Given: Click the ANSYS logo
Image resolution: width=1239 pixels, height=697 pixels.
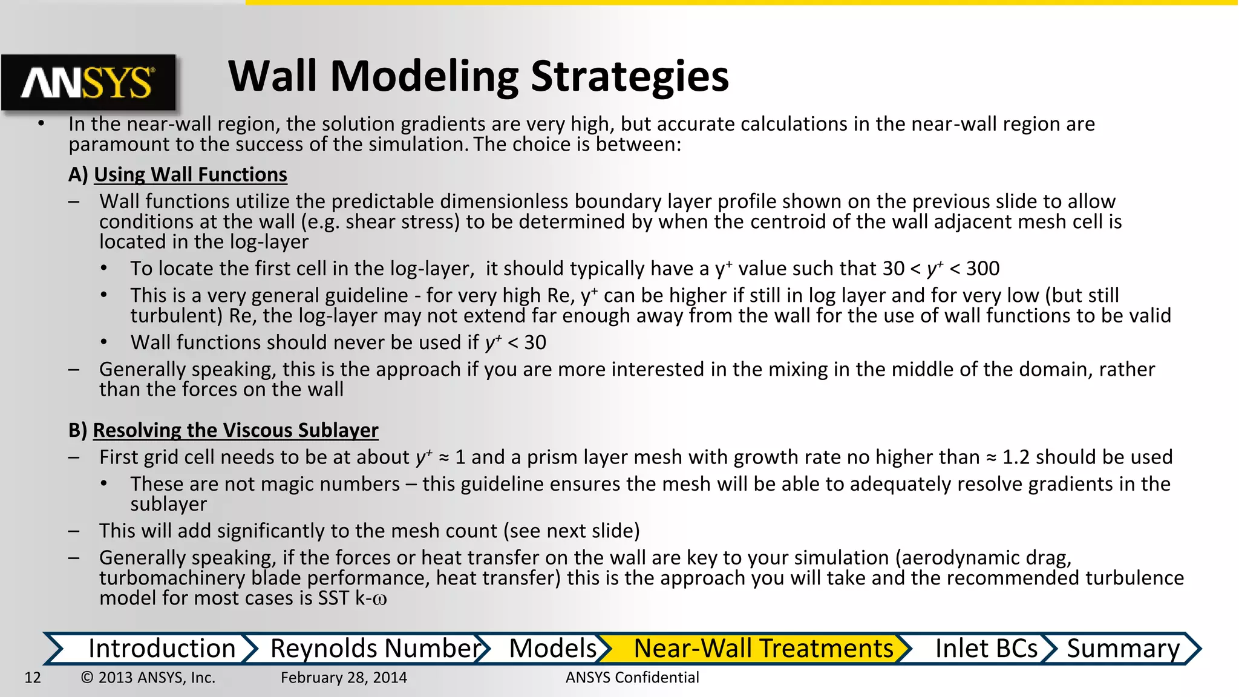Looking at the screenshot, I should coord(88,83).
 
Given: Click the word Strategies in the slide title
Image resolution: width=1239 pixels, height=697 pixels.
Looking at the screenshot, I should coord(629,77).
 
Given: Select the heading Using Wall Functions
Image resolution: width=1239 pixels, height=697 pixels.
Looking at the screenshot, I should coord(190,175).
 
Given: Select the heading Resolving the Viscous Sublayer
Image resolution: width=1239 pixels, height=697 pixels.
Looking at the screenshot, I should coord(235,430).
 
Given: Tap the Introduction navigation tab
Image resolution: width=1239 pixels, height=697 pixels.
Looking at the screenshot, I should coord(162,649).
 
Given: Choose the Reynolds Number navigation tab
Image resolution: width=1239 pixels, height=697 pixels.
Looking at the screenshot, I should coord(375,649).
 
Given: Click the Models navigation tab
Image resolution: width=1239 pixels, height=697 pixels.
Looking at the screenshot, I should coord(552,649).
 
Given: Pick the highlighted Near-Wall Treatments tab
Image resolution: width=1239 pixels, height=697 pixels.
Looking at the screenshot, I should coord(763,649).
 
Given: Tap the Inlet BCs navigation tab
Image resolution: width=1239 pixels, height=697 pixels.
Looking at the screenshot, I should coord(986,649).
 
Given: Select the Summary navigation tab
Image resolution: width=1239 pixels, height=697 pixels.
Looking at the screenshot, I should coord(1123,649).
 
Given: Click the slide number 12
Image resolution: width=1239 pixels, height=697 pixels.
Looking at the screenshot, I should coord(33,678).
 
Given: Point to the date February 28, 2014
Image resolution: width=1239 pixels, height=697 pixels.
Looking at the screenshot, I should coord(344,678).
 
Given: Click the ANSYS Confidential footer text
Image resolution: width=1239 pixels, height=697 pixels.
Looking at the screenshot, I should coord(632,678).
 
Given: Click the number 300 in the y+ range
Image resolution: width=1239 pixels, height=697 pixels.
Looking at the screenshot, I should coord(982,269).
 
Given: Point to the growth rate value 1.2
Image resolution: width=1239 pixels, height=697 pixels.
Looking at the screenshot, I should coord(1016,457).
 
